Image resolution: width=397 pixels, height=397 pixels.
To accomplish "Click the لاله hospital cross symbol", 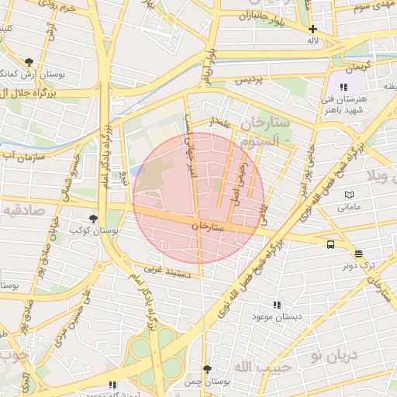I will click(312, 29).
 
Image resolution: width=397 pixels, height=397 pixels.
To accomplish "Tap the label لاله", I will click(313, 40).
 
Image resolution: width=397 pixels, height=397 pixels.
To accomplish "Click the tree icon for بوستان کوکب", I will click(93, 219).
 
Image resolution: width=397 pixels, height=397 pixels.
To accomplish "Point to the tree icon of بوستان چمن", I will click(206, 369).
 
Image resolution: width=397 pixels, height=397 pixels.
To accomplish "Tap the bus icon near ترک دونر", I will click(331, 244).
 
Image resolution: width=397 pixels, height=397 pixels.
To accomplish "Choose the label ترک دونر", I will click(358, 265).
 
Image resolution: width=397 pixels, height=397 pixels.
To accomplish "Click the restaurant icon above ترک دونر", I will click(358, 254).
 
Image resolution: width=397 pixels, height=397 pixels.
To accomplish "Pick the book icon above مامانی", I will click(349, 194).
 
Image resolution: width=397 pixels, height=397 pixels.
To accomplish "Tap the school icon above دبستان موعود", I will click(277, 305).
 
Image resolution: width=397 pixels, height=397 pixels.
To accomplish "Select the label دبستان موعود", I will click(276, 316).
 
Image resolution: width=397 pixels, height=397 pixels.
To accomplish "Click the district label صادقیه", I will click(23, 209).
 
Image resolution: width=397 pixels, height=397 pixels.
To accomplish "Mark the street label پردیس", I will click(250, 79).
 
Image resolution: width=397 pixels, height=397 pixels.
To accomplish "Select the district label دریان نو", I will click(332, 355).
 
